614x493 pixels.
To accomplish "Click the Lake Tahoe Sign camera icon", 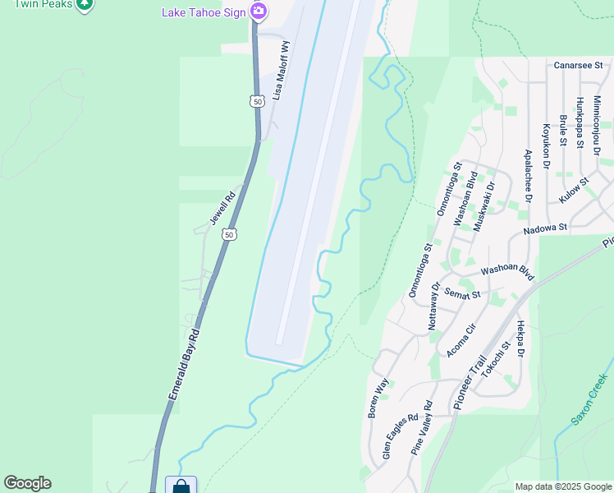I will (x=259, y=11).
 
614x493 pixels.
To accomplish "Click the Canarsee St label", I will (x=578, y=65).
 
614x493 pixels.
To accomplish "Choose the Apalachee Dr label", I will (x=528, y=176).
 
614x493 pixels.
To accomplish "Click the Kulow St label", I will (x=574, y=192).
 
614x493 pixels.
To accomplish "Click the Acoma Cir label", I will (x=461, y=340).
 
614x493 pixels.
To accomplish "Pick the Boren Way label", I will (x=378, y=399).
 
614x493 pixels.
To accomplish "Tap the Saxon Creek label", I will (x=589, y=401).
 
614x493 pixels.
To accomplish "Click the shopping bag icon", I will (x=181, y=486).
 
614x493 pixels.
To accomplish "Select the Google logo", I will (x=27, y=483).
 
